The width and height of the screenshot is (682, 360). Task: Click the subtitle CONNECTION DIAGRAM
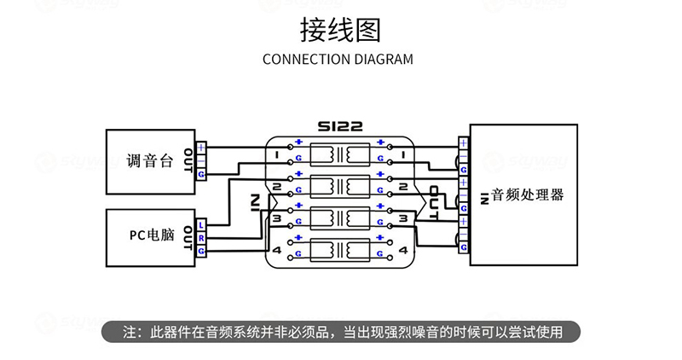pyautogui.click(x=338, y=60)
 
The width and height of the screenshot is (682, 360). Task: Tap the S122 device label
pyautogui.click(x=340, y=126)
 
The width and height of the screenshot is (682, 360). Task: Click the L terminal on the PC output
pyautogui.click(x=201, y=224)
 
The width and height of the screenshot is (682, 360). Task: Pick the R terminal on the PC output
pyautogui.click(x=201, y=237)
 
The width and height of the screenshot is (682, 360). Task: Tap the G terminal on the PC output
pyautogui.click(x=201, y=250)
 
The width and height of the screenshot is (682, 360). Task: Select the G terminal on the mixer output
pyautogui.click(x=201, y=174)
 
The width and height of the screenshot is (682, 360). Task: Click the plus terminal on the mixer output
pyautogui.click(x=201, y=147)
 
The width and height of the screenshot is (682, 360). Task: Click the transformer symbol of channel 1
pyautogui.click(x=340, y=154)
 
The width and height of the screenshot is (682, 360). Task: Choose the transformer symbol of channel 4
pyautogui.click(x=340, y=250)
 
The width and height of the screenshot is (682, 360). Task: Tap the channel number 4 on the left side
pyautogui.click(x=277, y=250)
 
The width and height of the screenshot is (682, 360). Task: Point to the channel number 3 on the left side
pyautogui.click(x=277, y=218)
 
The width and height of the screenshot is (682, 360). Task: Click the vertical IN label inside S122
pyautogui.click(x=255, y=202)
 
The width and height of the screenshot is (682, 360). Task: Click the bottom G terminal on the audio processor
pyautogui.click(x=464, y=247)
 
